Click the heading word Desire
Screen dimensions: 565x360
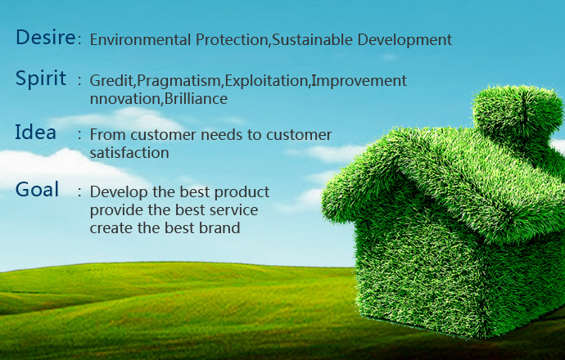(46, 37)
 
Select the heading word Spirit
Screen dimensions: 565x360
(41, 79)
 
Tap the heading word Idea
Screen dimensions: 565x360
(35, 132)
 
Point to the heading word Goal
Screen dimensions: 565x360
(37, 189)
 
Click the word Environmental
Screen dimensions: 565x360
(140, 39)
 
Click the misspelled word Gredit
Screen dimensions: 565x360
(111, 81)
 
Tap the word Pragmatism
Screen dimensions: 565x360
(179, 81)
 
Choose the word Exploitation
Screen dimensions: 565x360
(266, 81)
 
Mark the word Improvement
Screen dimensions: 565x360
(359, 81)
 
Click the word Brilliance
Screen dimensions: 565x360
(196, 99)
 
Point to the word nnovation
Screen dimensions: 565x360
(124, 99)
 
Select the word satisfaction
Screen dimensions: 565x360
(129, 153)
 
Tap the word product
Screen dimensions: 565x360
(242, 192)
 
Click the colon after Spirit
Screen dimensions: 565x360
(79, 81)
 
